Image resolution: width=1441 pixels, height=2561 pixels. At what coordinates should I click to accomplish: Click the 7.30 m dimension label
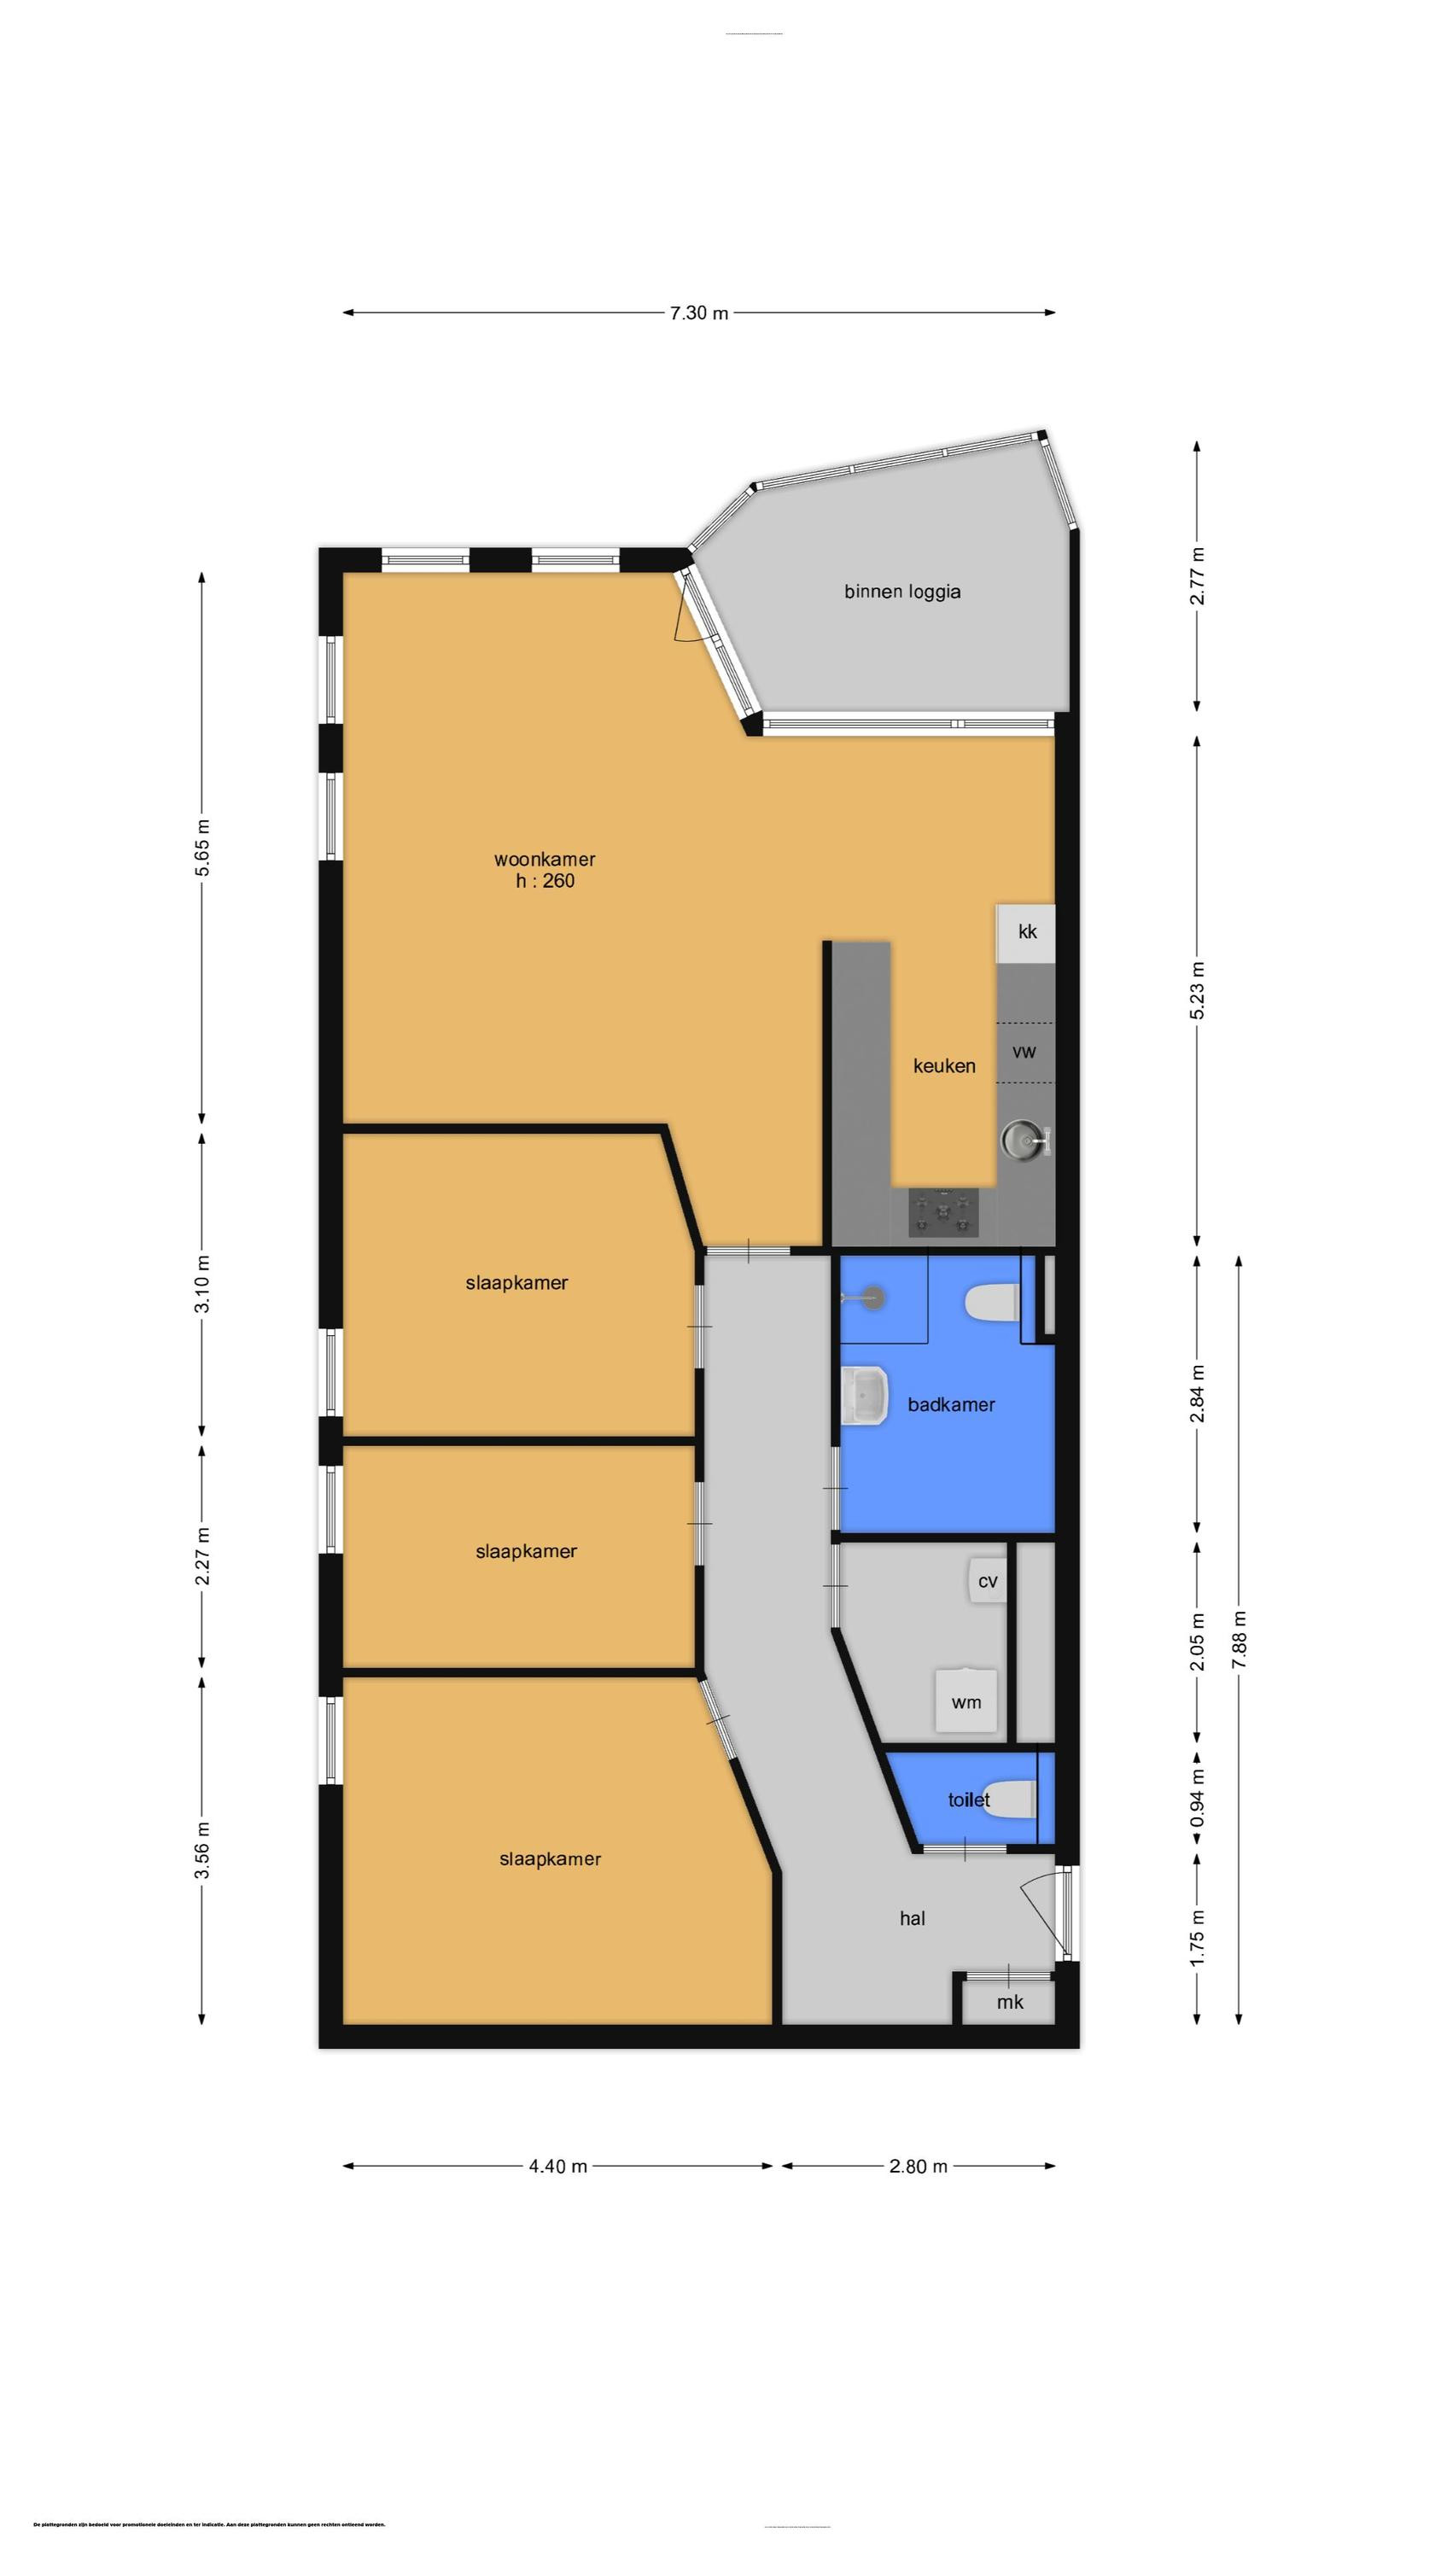(698, 313)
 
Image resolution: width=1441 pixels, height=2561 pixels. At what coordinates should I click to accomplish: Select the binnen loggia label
(902, 592)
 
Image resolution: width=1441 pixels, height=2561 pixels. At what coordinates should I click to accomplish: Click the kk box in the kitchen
(1026, 932)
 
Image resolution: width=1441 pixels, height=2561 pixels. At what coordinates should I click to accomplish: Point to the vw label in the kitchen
(1024, 1052)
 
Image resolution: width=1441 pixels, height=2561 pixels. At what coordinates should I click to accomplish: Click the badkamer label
(951, 1405)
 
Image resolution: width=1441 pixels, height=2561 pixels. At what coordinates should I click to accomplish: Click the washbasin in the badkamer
(864, 1396)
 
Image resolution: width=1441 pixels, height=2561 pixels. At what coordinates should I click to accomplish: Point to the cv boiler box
(987, 1581)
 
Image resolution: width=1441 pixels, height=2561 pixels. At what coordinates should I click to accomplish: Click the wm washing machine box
(966, 1702)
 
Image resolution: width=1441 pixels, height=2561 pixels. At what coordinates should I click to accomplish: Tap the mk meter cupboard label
(1009, 2002)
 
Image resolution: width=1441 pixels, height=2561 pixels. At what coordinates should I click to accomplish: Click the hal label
(912, 1919)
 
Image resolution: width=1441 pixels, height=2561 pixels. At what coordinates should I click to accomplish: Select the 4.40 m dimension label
(558, 2167)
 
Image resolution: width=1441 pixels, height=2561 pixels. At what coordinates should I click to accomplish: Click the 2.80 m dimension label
(918, 2167)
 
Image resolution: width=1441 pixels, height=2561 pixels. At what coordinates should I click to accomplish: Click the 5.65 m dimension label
(201, 847)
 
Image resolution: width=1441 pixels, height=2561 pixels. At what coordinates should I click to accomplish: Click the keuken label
(944, 1065)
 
